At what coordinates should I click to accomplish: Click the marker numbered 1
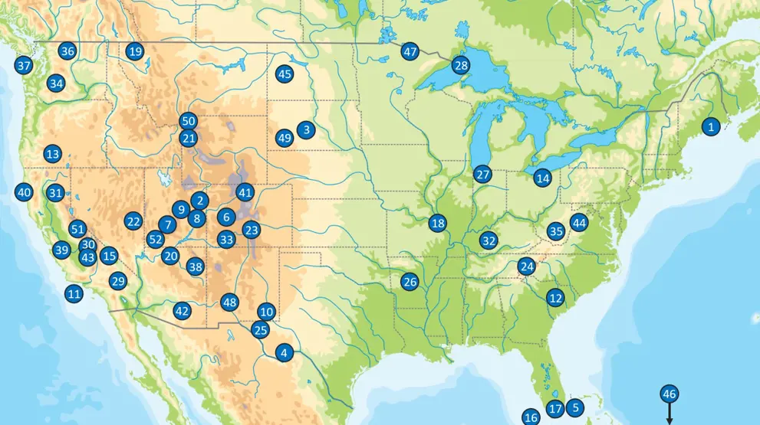click(711, 127)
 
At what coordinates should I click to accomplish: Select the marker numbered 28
click(460, 65)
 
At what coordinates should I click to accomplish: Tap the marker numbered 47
click(410, 51)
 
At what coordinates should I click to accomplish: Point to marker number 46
click(669, 394)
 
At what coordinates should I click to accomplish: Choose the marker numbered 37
click(24, 66)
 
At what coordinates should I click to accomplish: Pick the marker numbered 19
click(135, 51)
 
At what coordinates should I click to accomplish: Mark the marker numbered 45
click(285, 74)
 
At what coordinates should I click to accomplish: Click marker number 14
click(543, 178)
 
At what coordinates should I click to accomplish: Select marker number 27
click(482, 174)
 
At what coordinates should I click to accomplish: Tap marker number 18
click(437, 223)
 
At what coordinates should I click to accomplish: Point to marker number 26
click(410, 282)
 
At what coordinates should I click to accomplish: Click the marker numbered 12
click(555, 298)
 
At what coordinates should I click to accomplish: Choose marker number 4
click(284, 353)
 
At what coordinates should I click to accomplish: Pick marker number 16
click(531, 417)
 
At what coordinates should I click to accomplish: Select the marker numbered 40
click(24, 192)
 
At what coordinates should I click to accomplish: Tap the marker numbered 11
click(74, 293)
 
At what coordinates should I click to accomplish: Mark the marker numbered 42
click(182, 311)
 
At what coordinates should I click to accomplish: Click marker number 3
click(306, 130)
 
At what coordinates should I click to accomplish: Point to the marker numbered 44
click(579, 224)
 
